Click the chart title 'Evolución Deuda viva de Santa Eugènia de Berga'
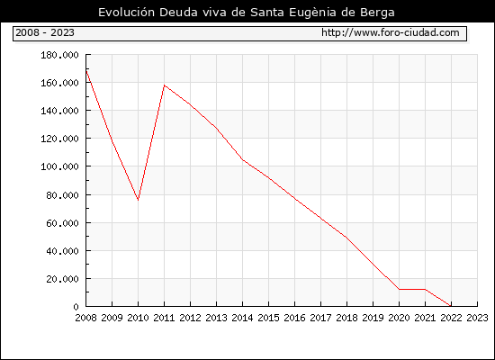click(247, 13)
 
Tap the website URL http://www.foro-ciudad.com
click(391, 32)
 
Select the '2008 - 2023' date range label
click(45, 32)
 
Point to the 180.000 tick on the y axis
click(59, 55)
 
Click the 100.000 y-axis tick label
click(59, 166)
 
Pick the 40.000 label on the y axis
click(62, 251)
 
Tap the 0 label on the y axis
click(76, 307)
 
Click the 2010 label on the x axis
click(138, 318)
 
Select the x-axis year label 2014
click(242, 318)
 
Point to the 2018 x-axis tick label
click(346, 318)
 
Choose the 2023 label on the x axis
click(477, 318)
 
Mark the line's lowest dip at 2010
click(138, 200)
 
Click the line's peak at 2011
click(164, 85)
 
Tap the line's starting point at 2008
click(86, 70)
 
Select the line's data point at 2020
click(399, 289)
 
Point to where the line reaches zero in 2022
click(451, 306)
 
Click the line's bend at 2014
click(242, 160)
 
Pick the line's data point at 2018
click(346, 238)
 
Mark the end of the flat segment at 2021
click(425, 289)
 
